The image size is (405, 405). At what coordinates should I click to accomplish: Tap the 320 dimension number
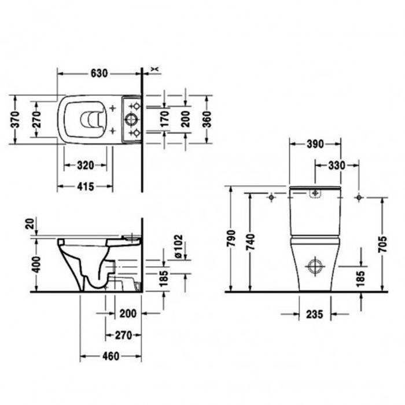[x=85, y=165]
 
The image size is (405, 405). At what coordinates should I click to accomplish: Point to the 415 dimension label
[x=85, y=186]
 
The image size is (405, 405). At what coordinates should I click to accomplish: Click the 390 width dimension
[x=315, y=143]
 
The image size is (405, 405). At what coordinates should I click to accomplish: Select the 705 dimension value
[x=383, y=244]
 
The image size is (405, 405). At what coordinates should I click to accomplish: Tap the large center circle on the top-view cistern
[x=132, y=120]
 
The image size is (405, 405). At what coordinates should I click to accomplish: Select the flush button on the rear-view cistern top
[x=315, y=194]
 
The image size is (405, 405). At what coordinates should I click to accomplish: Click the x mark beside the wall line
[x=153, y=69]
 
